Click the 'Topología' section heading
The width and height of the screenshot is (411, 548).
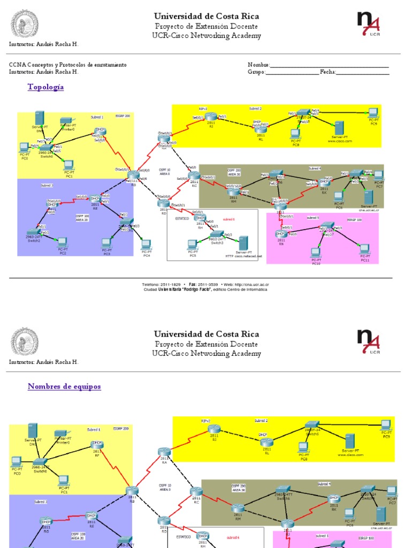(x=45, y=87)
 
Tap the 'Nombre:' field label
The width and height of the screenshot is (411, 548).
(x=258, y=65)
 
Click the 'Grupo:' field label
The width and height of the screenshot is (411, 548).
(x=256, y=72)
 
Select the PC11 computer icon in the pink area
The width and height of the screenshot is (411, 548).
(x=364, y=249)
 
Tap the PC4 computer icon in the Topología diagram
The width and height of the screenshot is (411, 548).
(x=146, y=245)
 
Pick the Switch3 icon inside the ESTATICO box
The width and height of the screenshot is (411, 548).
(x=217, y=234)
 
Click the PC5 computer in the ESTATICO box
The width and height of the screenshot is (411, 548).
(x=193, y=245)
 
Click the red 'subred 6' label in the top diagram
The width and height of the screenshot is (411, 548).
(x=229, y=219)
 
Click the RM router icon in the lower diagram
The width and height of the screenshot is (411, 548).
(x=238, y=508)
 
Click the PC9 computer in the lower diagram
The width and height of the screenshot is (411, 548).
(x=386, y=425)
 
